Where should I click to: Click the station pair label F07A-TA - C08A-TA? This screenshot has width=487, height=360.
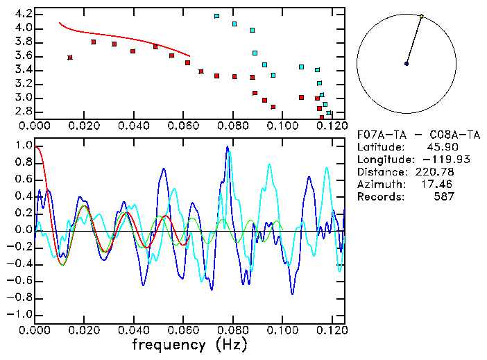413,134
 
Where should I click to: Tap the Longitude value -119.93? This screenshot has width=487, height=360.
436,160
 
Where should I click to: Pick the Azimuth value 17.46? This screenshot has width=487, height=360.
440,185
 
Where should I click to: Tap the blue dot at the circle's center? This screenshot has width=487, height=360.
407,64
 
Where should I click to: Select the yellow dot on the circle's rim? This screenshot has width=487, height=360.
421,16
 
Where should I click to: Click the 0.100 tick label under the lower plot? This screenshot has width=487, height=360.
284,330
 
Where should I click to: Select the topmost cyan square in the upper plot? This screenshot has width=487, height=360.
217,16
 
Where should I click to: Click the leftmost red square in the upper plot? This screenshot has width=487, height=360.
70,58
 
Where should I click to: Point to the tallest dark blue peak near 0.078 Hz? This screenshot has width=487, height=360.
227,148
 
